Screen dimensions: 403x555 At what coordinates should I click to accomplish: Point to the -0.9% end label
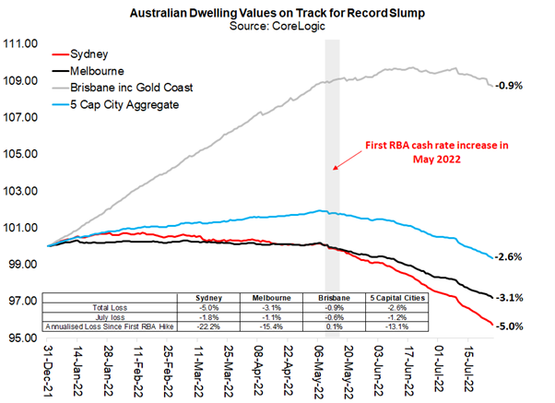click(x=510, y=85)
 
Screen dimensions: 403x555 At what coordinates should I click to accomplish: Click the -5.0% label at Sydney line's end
click(x=510, y=326)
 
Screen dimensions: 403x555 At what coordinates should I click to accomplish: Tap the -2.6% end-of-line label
click(x=510, y=256)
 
